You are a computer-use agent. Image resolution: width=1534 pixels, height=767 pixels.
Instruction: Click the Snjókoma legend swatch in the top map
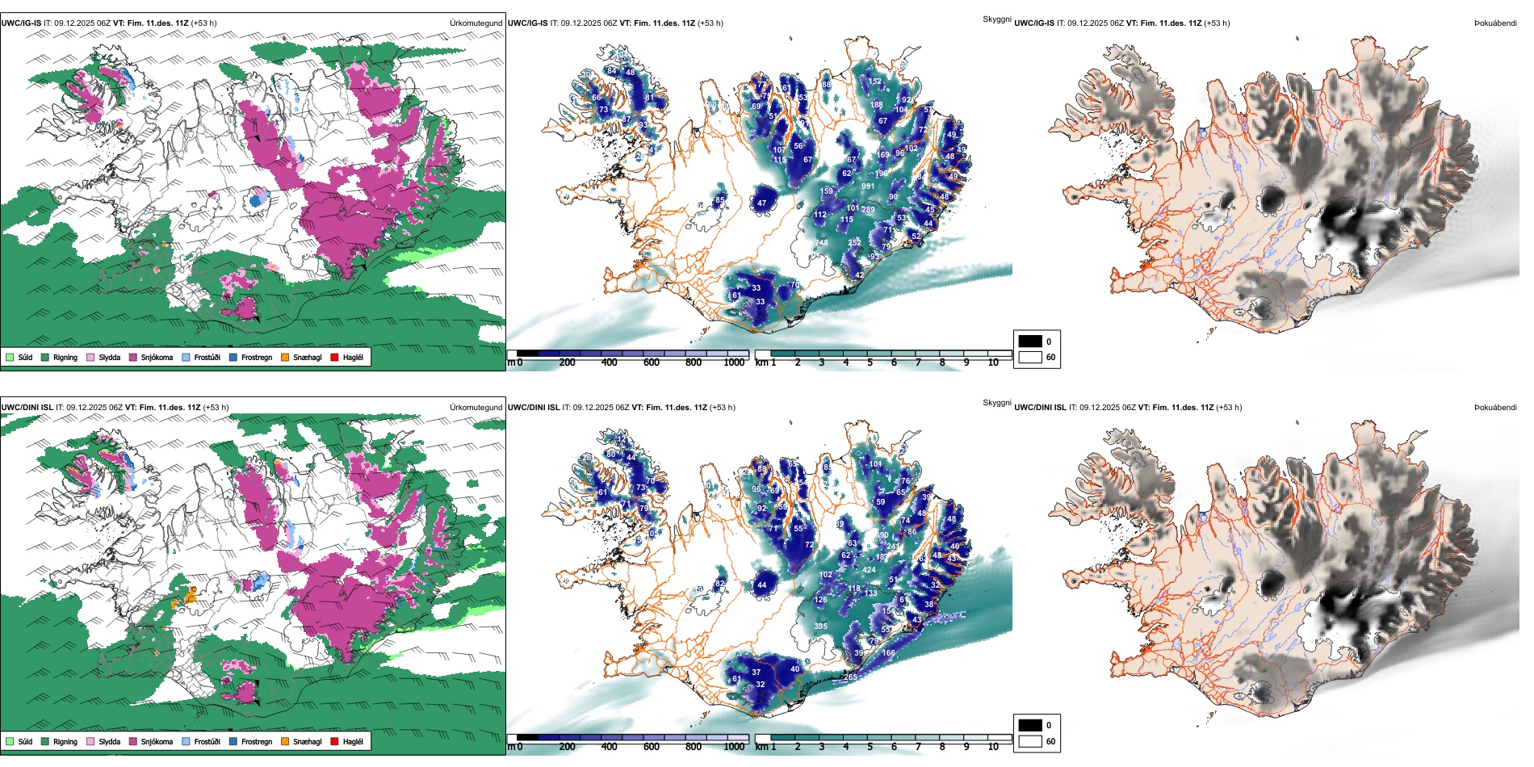[x=133, y=357]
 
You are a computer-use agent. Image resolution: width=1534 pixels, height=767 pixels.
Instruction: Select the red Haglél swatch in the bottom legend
[x=335, y=741]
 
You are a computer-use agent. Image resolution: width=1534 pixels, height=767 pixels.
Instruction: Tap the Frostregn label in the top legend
[x=256, y=357]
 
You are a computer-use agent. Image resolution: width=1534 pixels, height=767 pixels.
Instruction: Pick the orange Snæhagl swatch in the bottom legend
[x=285, y=741]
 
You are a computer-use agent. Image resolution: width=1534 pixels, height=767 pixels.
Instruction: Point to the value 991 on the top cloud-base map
[x=868, y=187]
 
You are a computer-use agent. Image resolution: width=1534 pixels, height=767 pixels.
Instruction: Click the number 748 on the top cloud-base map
[x=822, y=242]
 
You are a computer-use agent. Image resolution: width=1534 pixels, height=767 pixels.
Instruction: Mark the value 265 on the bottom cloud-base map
[x=850, y=677]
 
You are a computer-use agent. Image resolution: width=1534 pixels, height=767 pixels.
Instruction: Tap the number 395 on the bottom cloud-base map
[x=820, y=627]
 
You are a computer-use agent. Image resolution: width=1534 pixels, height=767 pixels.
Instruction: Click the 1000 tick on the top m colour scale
[x=734, y=363]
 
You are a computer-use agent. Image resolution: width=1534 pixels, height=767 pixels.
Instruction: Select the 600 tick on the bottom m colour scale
[x=652, y=747]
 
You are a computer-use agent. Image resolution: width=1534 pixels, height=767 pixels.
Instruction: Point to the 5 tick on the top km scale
[x=870, y=363]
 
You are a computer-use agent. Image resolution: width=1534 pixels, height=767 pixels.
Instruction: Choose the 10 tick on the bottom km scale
[x=993, y=747]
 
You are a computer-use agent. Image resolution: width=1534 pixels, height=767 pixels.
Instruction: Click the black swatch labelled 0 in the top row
[x=1030, y=342]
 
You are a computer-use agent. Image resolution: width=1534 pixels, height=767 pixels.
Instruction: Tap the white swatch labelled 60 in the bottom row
[x=1030, y=741]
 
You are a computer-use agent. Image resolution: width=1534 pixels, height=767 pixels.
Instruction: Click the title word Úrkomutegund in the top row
[x=476, y=23]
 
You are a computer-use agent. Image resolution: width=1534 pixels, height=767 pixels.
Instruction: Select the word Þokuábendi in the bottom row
[x=1495, y=408]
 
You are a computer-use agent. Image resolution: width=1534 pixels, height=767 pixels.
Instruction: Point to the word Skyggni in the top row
[x=996, y=19]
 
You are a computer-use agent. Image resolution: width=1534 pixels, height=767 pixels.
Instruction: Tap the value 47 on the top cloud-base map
[x=761, y=203]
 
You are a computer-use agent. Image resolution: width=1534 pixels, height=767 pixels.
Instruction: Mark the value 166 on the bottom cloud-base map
[x=888, y=653]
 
